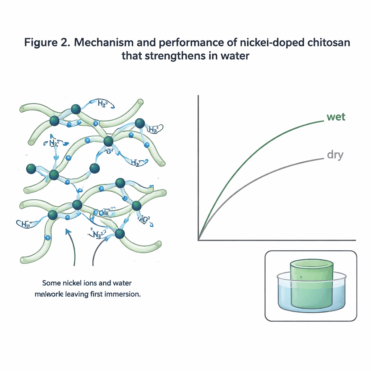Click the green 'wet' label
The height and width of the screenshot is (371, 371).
tap(336, 117)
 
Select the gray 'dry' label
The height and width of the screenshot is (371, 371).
tap(335, 155)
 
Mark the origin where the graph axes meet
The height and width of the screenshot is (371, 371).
tap(198, 240)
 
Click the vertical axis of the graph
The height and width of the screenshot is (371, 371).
tap(198, 163)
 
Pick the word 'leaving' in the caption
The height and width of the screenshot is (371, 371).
tap(77, 294)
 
